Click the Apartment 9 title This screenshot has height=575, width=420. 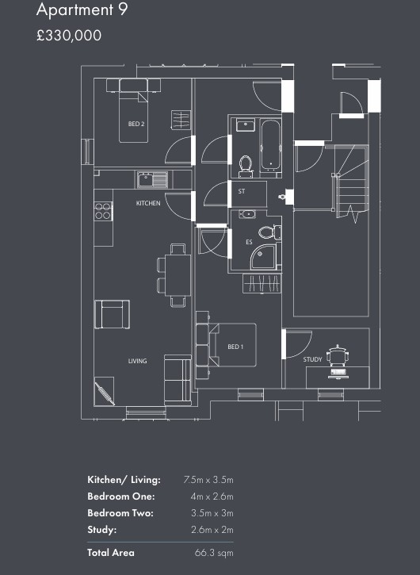(82, 10)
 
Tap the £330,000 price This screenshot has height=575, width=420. (69, 36)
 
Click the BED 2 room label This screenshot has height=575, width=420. (136, 124)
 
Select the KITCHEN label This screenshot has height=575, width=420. (148, 203)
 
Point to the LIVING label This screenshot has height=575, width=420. (137, 361)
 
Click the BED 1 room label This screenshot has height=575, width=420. (235, 347)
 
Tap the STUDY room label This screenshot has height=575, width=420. (312, 359)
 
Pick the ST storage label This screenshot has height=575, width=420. (242, 191)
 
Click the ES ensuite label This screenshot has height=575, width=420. (249, 243)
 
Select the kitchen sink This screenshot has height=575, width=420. (152, 180)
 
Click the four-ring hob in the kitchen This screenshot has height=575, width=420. (103, 211)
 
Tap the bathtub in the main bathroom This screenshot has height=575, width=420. (271, 145)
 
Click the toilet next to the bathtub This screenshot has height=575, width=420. (245, 166)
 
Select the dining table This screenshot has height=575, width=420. (178, 275)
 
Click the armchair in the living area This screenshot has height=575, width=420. (113, 314)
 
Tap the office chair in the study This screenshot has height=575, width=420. (337, 355)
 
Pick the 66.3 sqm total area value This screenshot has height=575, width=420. (214, 553)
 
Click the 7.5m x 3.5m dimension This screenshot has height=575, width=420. (208, 480)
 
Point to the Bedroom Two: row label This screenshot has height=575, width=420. (120, 512)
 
